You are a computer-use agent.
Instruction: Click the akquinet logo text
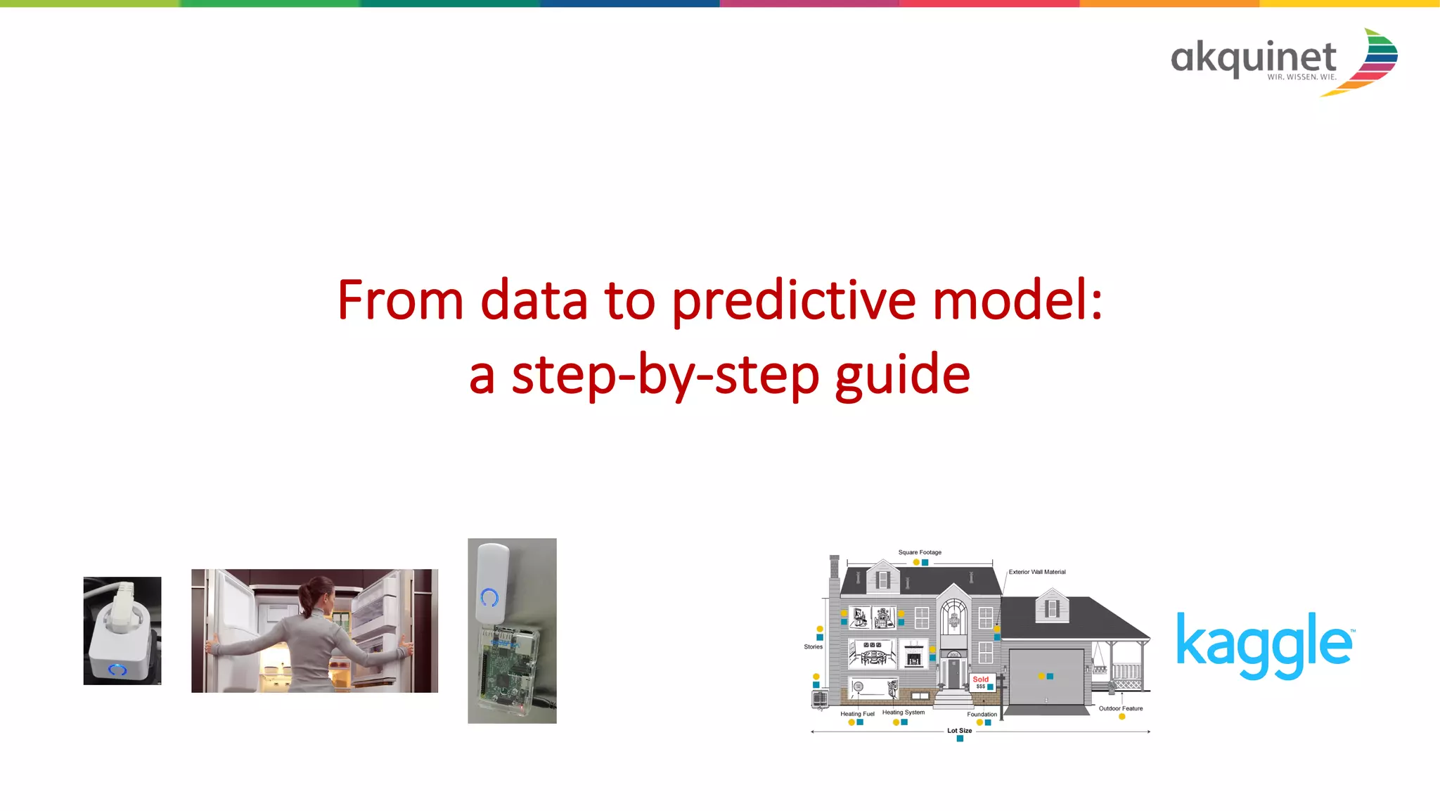tap(1253, 58)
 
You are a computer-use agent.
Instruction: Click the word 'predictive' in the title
tap(794, 301)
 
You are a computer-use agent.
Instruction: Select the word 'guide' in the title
tap(902, 375)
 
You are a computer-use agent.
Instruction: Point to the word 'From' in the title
tap(400, 301)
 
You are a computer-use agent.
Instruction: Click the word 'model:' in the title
tap(1017, 301)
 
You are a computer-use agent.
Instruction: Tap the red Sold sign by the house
tap(981, 682)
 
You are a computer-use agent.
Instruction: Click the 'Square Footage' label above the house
tap(919, 552)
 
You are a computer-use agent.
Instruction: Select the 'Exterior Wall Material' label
tap(1036, 572)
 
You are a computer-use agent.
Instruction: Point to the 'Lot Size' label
tap(959, 730)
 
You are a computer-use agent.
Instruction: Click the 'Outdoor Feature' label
tap(1120, 708)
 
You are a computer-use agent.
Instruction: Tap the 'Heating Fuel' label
tap(856, 713)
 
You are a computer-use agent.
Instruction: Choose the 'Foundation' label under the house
tap(982, 714)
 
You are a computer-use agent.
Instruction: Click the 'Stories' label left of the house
tap(813, 646)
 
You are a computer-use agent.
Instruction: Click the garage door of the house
tap(1046, 677)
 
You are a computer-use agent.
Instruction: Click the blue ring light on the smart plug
tap(117, 669)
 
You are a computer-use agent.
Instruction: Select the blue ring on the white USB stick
tap(489, 598)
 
